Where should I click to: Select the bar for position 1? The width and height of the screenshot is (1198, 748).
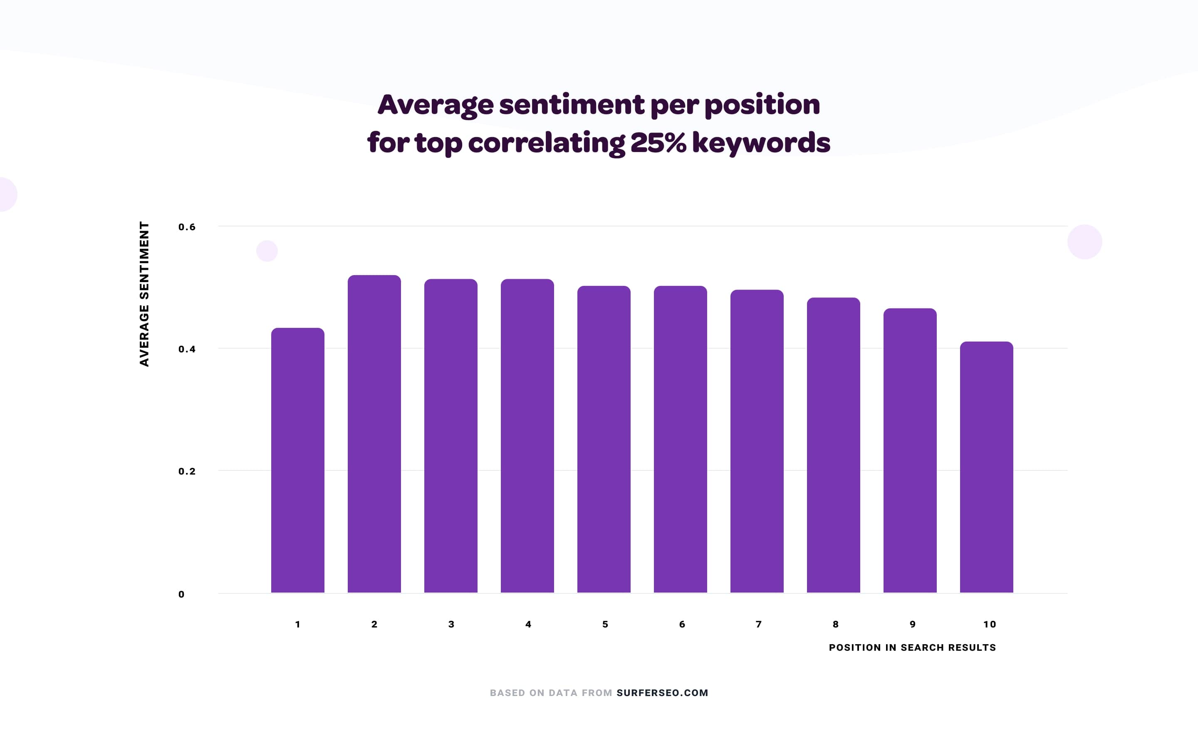[297, 460]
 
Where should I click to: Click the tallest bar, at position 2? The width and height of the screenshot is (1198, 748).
[374, 434]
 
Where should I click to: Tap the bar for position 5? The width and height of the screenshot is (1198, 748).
[604, 439]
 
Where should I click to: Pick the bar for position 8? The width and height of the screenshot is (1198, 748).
[834, 445]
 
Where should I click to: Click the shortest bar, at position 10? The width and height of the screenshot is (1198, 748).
[987, 467]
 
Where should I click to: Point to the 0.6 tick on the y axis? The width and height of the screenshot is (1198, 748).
[187, 227]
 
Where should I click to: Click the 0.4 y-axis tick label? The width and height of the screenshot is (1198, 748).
[187, 349]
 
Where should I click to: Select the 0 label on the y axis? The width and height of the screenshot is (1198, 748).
[181, 594]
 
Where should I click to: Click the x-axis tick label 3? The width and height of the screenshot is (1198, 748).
[451, 624]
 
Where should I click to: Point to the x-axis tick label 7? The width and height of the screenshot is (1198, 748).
[758, 624]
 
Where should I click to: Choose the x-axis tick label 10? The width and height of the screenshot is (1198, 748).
[989, 624]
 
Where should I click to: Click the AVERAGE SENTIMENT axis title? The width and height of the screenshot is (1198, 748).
[144, 294]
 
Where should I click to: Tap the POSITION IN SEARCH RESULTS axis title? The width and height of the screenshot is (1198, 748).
[912, 647]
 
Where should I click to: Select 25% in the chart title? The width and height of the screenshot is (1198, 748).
[658, 143]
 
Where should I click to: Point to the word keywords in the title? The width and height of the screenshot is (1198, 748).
[761, 143]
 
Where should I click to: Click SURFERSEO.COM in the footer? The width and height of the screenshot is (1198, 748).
[662, 693]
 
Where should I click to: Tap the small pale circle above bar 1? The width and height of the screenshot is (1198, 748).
[267, 251]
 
